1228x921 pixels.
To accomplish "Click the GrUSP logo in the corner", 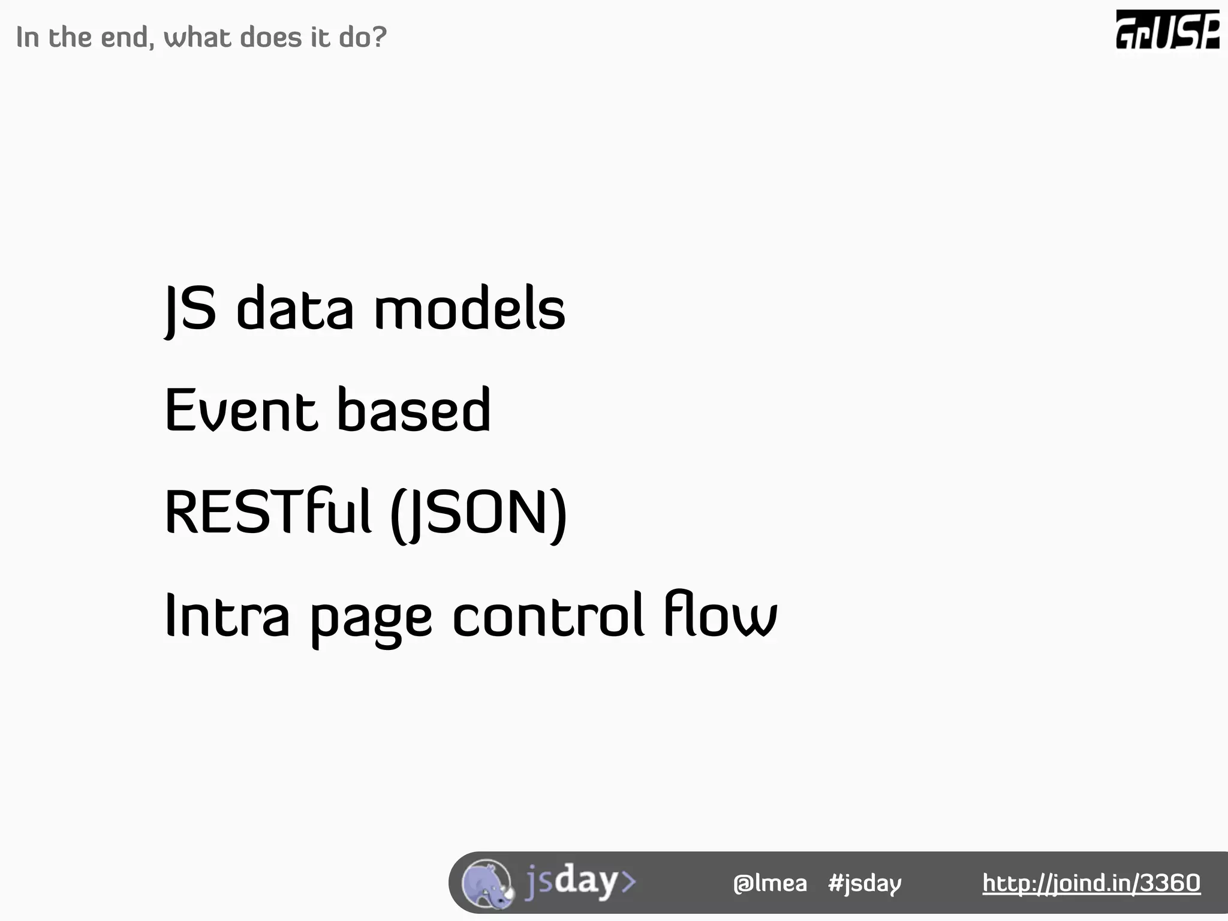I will (1167, 30).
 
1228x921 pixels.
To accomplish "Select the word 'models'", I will (469, 309).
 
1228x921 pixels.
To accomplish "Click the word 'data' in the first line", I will (295, 309).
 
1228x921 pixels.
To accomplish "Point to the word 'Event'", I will (240, 411).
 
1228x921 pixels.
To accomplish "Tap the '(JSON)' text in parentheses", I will (478, 514).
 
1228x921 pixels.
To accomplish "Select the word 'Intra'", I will (227, 615).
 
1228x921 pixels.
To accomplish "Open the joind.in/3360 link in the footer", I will (1091, 883).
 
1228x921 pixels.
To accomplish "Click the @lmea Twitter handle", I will (770, 883).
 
